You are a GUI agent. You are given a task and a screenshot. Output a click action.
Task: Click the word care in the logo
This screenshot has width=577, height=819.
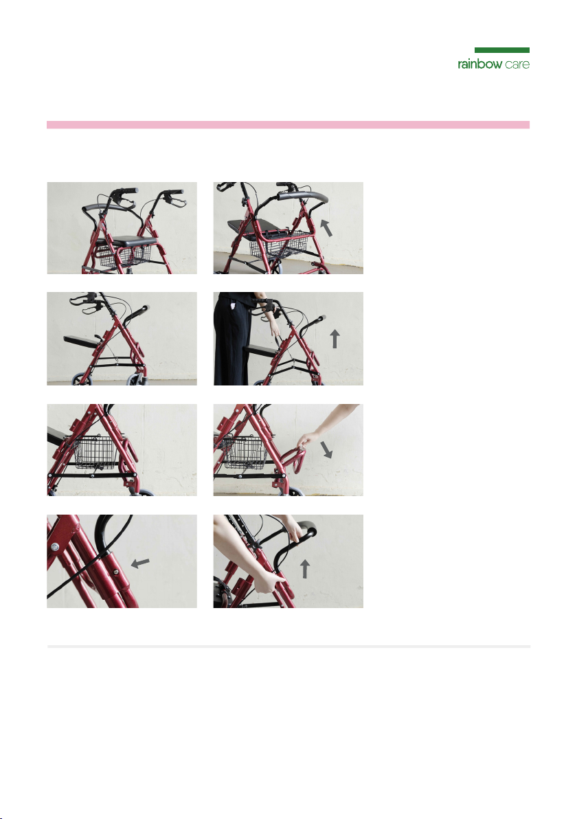coord(517,65)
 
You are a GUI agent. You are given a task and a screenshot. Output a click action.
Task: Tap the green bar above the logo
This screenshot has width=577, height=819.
coord(502,50)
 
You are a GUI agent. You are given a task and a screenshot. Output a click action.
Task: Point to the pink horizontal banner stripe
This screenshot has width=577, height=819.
coord(288,125)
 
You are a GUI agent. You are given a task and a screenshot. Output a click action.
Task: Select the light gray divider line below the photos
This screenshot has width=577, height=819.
coord(288,647)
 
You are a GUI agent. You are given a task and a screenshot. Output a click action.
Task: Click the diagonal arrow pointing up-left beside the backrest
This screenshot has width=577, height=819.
coord(326,227)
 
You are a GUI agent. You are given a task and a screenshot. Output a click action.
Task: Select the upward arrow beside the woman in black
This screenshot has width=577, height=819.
coord(335,339)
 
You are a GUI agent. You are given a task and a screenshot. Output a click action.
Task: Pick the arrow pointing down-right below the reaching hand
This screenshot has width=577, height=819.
coord(327,450)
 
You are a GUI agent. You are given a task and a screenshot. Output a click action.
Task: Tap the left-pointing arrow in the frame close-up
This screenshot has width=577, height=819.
coord(140,563)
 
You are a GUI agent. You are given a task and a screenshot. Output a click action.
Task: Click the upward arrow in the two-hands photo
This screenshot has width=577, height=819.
coord(304,569)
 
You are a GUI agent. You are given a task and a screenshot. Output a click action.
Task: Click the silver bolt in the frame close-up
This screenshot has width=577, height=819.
coord(55,547)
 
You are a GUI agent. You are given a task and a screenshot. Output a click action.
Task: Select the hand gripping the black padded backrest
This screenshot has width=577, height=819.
coord(293,528)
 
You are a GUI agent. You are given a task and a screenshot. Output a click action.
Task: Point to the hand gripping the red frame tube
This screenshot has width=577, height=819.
coord(268,581)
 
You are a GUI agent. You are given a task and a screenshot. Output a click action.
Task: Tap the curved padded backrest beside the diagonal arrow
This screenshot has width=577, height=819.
coord(302,197)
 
